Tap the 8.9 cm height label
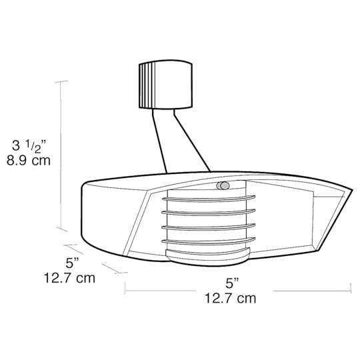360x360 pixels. point(29,161)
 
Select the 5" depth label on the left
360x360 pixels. point(72,263)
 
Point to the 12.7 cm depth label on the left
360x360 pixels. point(69,278)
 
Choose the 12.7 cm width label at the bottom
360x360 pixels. point(230,298)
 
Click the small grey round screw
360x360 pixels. point(223,185)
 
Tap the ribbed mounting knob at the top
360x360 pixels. point(165,84)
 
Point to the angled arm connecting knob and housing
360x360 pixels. point(181,141)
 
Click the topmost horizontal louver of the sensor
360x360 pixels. point(209,199)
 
